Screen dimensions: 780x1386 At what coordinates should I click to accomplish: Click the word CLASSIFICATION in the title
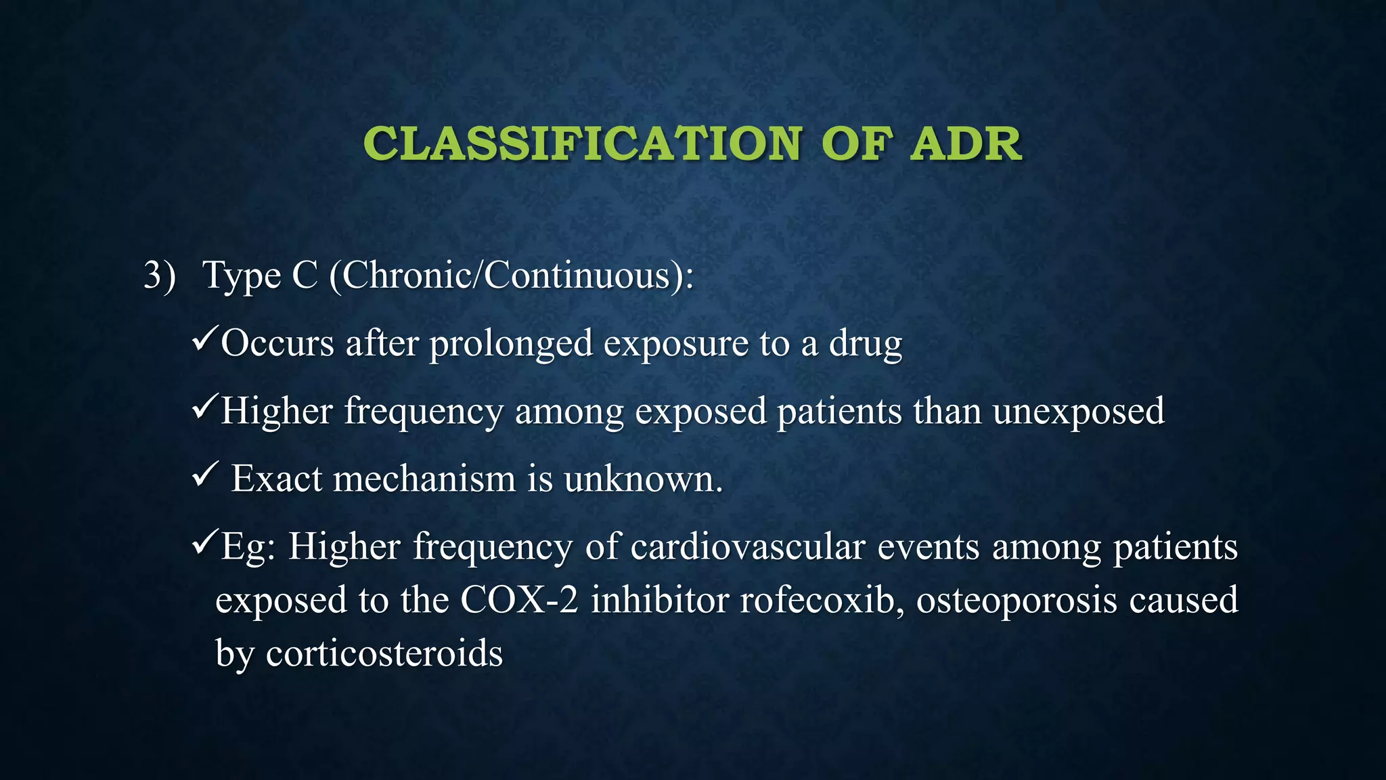582,144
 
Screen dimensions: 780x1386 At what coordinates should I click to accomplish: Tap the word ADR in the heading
965,144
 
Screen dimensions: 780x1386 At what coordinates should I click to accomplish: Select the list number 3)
160,276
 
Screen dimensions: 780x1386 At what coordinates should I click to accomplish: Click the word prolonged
511,343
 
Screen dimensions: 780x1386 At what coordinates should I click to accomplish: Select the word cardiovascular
748,546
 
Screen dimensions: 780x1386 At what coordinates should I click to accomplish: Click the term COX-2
519,600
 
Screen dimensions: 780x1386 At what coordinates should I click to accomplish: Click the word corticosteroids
384,653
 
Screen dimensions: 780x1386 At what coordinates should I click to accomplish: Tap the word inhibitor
659,600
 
